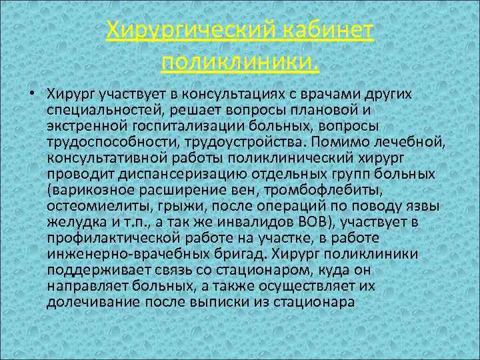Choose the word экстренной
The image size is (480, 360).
[x=84, y=125]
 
